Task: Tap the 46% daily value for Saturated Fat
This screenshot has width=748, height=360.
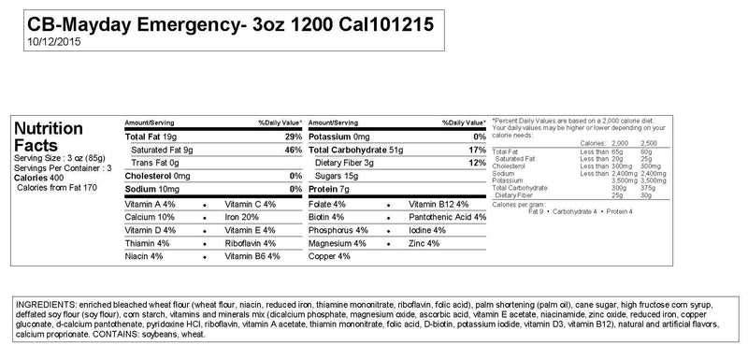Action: (293, 150)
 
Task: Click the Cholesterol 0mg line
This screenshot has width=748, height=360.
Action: (157, 176)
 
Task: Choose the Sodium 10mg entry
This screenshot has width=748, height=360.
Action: (152, 189)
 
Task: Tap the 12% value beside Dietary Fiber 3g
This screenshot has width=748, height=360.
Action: (477, 163)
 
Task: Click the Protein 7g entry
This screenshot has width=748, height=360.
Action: (328, 189)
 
